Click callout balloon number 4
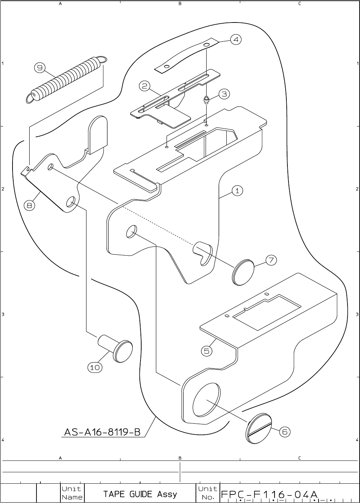pyautogui.click(x=236, y=39)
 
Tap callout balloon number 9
pyautogui.click(x=40, y=68)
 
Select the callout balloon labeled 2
pyautogui.click(x=145, y=86)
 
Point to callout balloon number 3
pyautogui.click(x=224, y=94)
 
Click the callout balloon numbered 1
pyautogui.click(x=237, y=191)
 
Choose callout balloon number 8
pyautogui.click(x=30, y=205)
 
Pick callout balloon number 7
pyautogui.click(x=271, y=260)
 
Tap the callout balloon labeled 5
pyautogui.click(x=207, y=351)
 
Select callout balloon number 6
pyautogui.click(x=285, y=432)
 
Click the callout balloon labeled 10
pyautogui.click(x=95, y=367)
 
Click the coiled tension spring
pyautogui.click(x=66, y=79)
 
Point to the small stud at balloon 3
pyautogui.click(x=206, y=99)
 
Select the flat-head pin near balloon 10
pyautogui.click(x=117, y=347)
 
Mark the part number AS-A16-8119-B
pyautogui.click(x=102, y=432)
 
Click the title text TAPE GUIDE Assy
pyautogui.click(x=140, y=494)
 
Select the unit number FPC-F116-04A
pyautogui.click(x=270, y=494)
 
